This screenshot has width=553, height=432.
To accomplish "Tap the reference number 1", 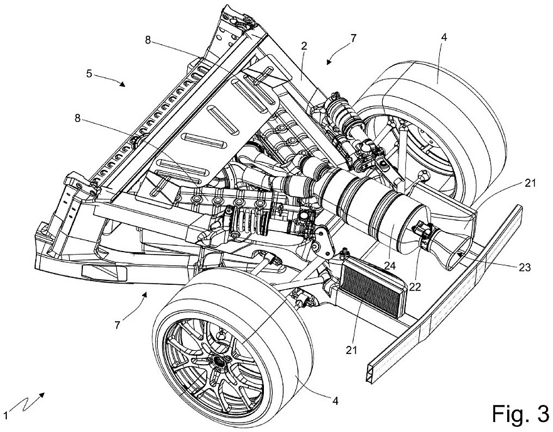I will [6, 414].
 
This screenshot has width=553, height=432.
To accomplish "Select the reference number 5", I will [89, 73].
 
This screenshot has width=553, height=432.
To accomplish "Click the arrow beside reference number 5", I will [117, 81].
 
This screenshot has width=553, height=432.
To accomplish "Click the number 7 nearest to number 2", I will [353, 38].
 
